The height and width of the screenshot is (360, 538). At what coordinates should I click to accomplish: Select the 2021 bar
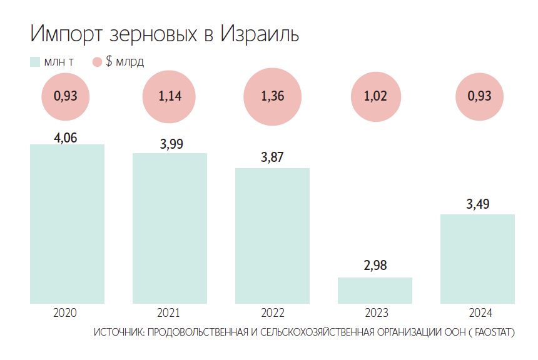[170, 228]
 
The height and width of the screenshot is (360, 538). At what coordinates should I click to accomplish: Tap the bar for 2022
[272, 236]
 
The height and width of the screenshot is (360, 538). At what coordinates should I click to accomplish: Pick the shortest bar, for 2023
[375, 290]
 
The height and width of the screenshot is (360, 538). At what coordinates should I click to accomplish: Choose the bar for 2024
[477, 259]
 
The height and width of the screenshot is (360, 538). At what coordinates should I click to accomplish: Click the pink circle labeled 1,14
[169, 96]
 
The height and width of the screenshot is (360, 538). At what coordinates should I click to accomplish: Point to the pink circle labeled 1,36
[272, 96]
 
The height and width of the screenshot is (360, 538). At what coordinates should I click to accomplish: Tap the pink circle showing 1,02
[375, 96]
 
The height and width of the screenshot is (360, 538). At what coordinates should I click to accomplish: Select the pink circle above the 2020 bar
[66, 96]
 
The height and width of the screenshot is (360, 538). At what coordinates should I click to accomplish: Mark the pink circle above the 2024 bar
[479, 96]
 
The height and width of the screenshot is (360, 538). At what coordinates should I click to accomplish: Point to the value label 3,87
[272, 157]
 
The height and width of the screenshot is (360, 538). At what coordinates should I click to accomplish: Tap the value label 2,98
[375, 265]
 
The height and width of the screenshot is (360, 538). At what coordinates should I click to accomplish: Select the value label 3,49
[477, 204]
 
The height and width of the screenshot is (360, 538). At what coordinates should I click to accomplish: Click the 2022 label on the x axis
[272, 312]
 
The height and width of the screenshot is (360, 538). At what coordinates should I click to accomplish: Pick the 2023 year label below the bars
[375, 312]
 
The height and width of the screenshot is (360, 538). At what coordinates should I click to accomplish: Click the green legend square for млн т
[34, 62]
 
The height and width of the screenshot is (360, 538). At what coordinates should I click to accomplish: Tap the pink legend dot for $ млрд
[97, 62]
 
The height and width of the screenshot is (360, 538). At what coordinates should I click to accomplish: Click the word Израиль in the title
[260, 34]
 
